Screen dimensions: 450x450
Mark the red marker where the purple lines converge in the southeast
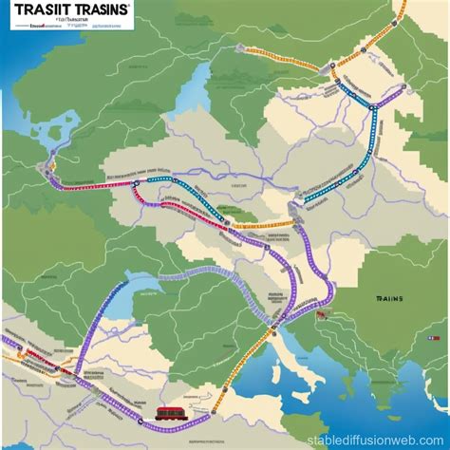coord(324,313)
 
